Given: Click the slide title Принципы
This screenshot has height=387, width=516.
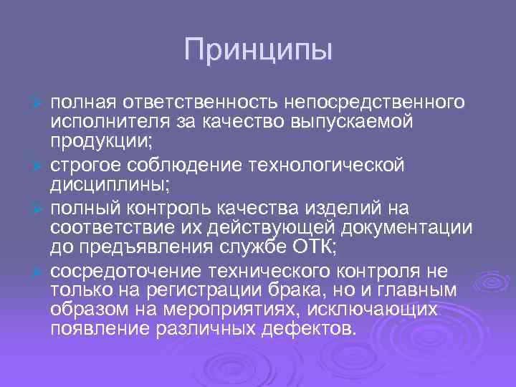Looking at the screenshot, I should coord(258,50).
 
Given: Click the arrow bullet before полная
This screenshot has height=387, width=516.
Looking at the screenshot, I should coord(40,103).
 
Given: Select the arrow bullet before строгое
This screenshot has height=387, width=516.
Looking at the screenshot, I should coord(40,166).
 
